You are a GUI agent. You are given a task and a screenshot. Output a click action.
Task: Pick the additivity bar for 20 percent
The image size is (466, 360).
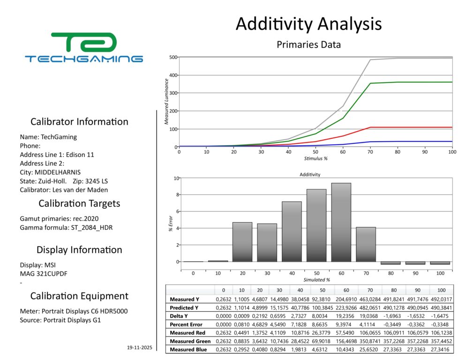(242, 241)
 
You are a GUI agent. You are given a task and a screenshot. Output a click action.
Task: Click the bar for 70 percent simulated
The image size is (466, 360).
(366, 244)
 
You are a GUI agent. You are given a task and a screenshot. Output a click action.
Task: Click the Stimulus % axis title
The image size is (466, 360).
(316, 158)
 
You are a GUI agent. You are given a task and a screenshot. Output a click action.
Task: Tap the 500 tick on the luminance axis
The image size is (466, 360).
(173, 57)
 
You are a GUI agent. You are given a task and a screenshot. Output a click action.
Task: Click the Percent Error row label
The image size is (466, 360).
(186, 324)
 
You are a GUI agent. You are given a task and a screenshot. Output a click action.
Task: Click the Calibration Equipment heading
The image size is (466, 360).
(79, 296)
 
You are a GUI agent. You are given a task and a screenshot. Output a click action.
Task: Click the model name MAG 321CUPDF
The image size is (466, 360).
(44, 274)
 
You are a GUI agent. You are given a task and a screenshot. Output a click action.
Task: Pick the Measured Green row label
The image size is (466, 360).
(190, 341)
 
